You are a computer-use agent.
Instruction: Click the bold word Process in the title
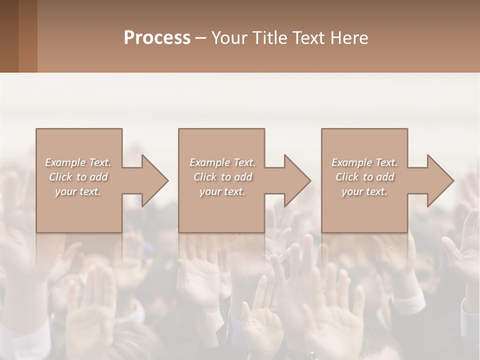point(157,38)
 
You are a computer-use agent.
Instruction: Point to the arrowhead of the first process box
point(154,180)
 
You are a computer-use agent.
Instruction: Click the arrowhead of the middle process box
point(297,180)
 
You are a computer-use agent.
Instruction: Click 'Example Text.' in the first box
point(78,162)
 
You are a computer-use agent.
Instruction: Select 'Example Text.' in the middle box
point(222,162)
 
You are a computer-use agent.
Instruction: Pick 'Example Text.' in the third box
point(364,162)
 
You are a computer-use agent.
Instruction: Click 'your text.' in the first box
point(78,191)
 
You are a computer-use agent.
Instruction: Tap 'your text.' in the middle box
point(222,191)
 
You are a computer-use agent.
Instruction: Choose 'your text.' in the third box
point(364,191)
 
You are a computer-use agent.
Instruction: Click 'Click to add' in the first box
point(78,177)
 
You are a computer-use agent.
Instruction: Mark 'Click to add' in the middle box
point(222,177)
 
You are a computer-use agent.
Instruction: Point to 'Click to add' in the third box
point(364,177)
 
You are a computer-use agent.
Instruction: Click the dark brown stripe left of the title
point(9,36)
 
